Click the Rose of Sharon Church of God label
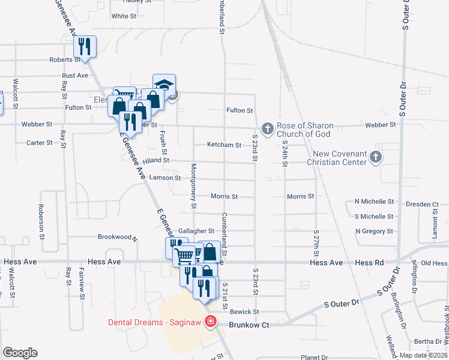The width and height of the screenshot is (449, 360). (305, 130)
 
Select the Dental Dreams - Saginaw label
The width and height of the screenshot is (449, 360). (155, 322)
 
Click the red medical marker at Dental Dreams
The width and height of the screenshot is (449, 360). (211, 322)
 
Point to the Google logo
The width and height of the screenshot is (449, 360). (20, 353)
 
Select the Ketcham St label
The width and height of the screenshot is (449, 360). (224, 145)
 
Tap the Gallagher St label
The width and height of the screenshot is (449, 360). (196, 231)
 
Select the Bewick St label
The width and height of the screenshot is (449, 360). (244, 312)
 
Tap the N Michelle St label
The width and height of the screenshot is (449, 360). (375, 202)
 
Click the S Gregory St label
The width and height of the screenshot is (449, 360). (375, 231)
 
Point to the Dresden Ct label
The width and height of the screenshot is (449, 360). (423, 205)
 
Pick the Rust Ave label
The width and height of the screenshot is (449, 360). (75, 76)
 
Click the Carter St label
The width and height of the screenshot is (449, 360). (40, 143)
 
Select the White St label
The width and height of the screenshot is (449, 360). (124, 16)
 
